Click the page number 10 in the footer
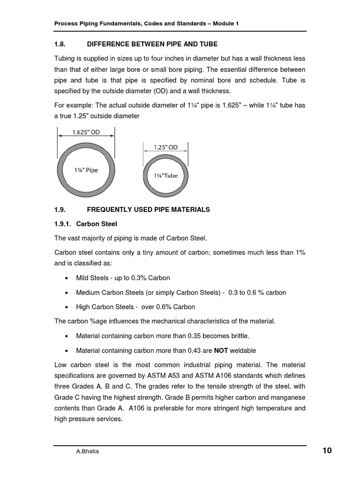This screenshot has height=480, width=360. (x=327, y=451)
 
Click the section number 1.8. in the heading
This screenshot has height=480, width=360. (x=62, y=44)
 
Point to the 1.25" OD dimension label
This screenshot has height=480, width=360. (x=166, y=147)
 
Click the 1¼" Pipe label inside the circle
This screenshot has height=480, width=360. (x=85, y=170)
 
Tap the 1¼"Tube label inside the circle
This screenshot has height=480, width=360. (x=166, y=175)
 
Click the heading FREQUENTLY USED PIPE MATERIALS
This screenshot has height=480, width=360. (x=148, y=210)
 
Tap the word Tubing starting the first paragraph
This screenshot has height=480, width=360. (x=66, y=59)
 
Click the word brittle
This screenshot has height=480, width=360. (x=239, y=336)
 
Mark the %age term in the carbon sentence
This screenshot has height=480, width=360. (x=103, y=321)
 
